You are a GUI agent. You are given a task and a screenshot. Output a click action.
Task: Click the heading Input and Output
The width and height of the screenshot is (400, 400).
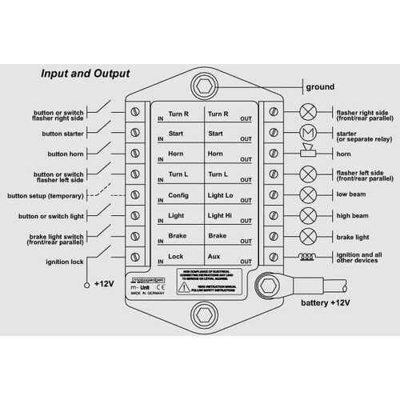[x=86, y=74]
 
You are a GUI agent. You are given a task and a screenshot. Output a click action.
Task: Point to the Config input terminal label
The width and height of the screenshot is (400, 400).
[x=178, y=195]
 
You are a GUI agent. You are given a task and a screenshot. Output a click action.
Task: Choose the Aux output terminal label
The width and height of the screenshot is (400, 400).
[x=214, y=256]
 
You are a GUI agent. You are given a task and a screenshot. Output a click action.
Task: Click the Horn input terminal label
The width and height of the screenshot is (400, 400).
[x=177, y=153]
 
